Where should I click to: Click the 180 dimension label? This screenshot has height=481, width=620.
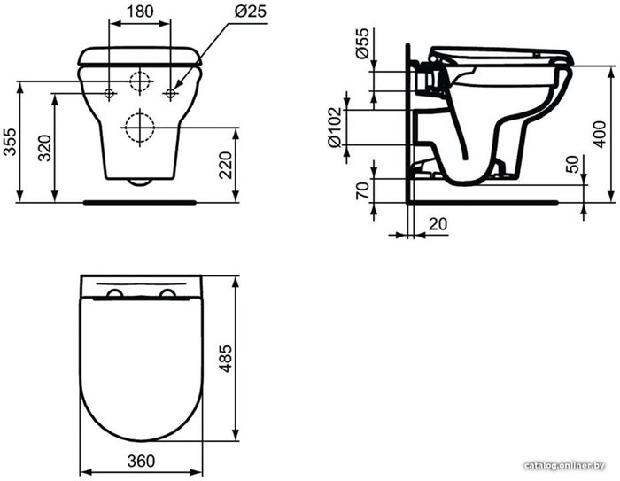coord(140,12)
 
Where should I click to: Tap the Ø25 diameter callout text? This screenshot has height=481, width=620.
coord(251,12)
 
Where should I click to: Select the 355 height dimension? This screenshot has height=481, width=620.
coord(10,142)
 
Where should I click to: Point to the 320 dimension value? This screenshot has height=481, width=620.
coord(44,148)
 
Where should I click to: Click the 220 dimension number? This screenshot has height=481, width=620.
coord(225,165)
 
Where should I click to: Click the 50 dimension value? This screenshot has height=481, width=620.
coord(572,164)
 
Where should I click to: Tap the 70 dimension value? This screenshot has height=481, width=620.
coord(362,190)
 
